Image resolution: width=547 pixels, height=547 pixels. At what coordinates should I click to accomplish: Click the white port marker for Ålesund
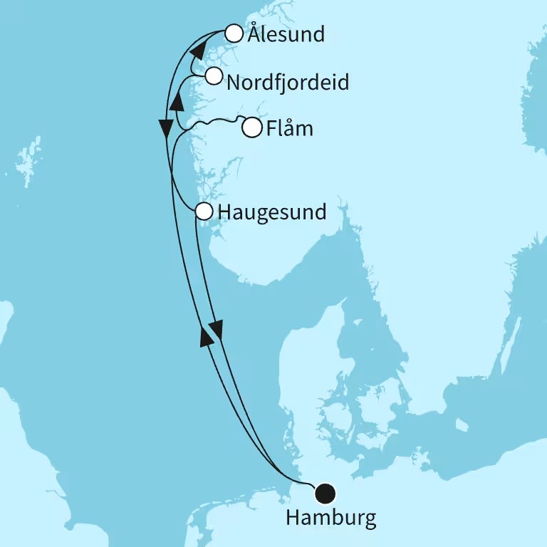[x=234, y=33]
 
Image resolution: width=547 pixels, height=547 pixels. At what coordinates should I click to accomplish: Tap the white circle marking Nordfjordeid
[x=213, y=76]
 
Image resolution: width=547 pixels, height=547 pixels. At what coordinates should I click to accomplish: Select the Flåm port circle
[x=251, y=129]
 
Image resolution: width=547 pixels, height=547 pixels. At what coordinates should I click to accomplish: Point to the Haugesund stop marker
[x=204, y=212]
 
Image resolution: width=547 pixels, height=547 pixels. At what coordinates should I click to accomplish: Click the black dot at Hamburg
[x=325, y=492]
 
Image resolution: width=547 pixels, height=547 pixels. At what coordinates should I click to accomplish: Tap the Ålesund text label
[x=284, y=34]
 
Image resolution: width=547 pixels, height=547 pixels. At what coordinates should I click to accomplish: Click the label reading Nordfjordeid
[x=287, y=83]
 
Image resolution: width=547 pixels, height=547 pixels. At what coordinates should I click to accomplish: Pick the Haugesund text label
[x=272, y=212]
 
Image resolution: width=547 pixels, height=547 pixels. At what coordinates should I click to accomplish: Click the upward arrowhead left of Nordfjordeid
[x=179, y=103]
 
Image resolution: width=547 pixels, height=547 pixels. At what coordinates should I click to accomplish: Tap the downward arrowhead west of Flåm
[x=166, y=128]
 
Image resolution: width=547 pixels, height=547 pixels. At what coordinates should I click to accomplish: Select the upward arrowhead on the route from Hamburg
[x=207, y=335]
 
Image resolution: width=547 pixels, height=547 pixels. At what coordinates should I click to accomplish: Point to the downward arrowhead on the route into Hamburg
[x=217, y=329]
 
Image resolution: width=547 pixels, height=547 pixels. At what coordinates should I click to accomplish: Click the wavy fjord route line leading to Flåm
[x=214, y=123]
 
